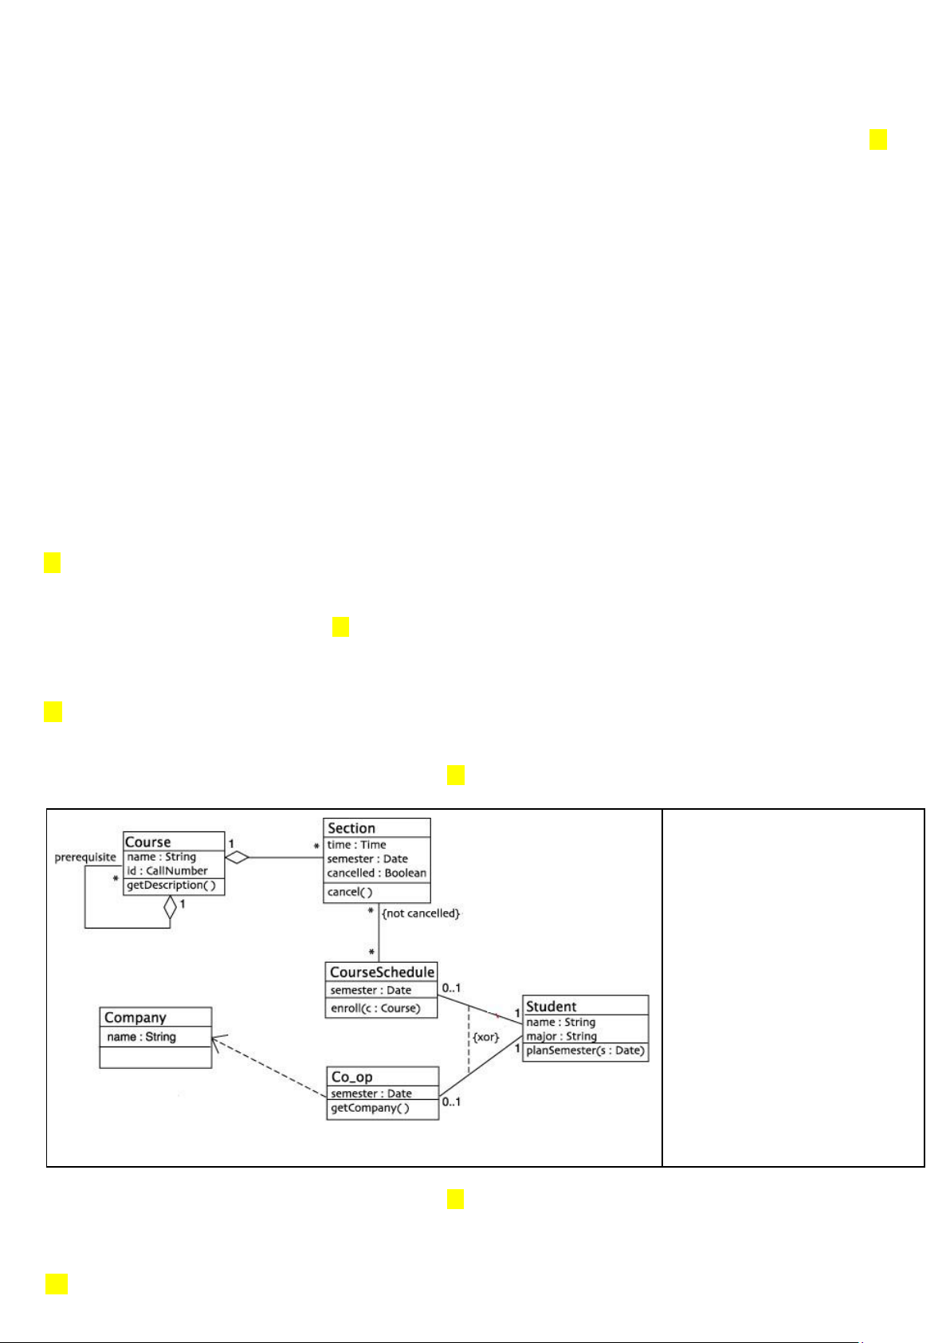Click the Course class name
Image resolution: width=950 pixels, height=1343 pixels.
pyautogui.click(x=147, y=842)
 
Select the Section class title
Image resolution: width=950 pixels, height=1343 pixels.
pyautogui.click(x=351, y=828)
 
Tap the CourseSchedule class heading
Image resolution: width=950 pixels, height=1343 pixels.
pyautogui.click(x=382, y=972)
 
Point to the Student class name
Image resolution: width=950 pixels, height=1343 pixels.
pyautogui.click(x=551, y=1007)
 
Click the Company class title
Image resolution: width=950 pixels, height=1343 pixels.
pyautogui.click(x=135, y=1018)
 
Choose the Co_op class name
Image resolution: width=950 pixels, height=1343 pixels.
pyautogui.click(x=351, y=1077)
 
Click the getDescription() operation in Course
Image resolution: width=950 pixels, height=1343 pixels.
pyautogui.click(x=171, y=886)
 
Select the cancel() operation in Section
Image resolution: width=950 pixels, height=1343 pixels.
pyautogui.click(x=350, y=892)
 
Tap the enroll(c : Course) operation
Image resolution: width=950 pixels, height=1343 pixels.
pyautogui.click(x=375, y=1008)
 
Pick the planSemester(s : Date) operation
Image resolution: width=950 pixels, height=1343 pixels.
pyautogui.click(x=585, y=1050)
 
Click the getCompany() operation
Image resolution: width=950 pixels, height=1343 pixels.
pyautogui.click(x=370, y=1109)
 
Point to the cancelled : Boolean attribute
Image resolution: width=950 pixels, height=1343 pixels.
pyautogui.click(x=376, y=873)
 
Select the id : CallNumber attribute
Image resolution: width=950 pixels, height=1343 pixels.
pyautogui.click(x=167, y=871)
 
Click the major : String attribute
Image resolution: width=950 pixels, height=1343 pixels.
pyautogui.click(x=561, y=1036)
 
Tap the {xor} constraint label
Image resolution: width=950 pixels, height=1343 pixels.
pyautogui.click(x=486, y=1038)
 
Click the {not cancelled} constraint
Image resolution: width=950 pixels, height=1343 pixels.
pyautogui.click(x=421, y=913)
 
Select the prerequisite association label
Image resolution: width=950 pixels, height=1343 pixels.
pyautogui.click(x=85, y=858)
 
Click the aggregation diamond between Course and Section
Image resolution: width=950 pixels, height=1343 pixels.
pyautogui.click(x=237, y=858)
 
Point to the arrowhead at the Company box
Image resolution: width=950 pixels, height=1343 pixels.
pyautogui.click(x=217, y=1039)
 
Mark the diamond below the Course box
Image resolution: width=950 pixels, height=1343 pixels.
pyautogui.click(x=170, y=907)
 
